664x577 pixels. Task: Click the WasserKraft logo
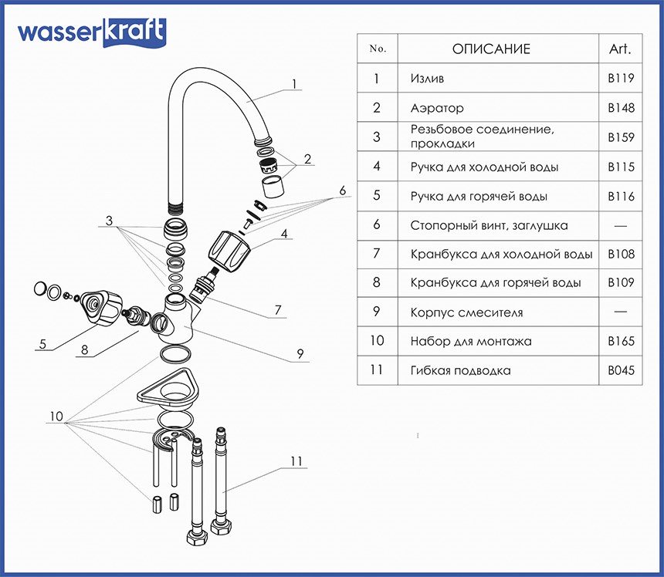(x=91, y=32)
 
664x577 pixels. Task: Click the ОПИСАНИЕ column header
(x=491, y=49)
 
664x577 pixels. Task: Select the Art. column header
(x=620, y=49)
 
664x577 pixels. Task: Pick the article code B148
(x=621, y=108)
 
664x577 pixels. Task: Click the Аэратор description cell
(x=438, y=108)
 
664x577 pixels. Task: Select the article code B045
(x=621, y=370)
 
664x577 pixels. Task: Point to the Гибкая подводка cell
(x=461, y=370)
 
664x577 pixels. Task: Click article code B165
(x=621, y=341)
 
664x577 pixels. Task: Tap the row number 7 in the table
(x=377, y=254)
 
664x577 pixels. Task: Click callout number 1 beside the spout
(x=294, y=84)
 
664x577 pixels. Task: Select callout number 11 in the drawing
(x=296, y=461)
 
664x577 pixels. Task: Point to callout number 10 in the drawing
(x=55, y=417)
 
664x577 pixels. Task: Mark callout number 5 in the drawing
(x=43, y=344)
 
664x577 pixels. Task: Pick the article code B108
(x=621, y=254)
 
